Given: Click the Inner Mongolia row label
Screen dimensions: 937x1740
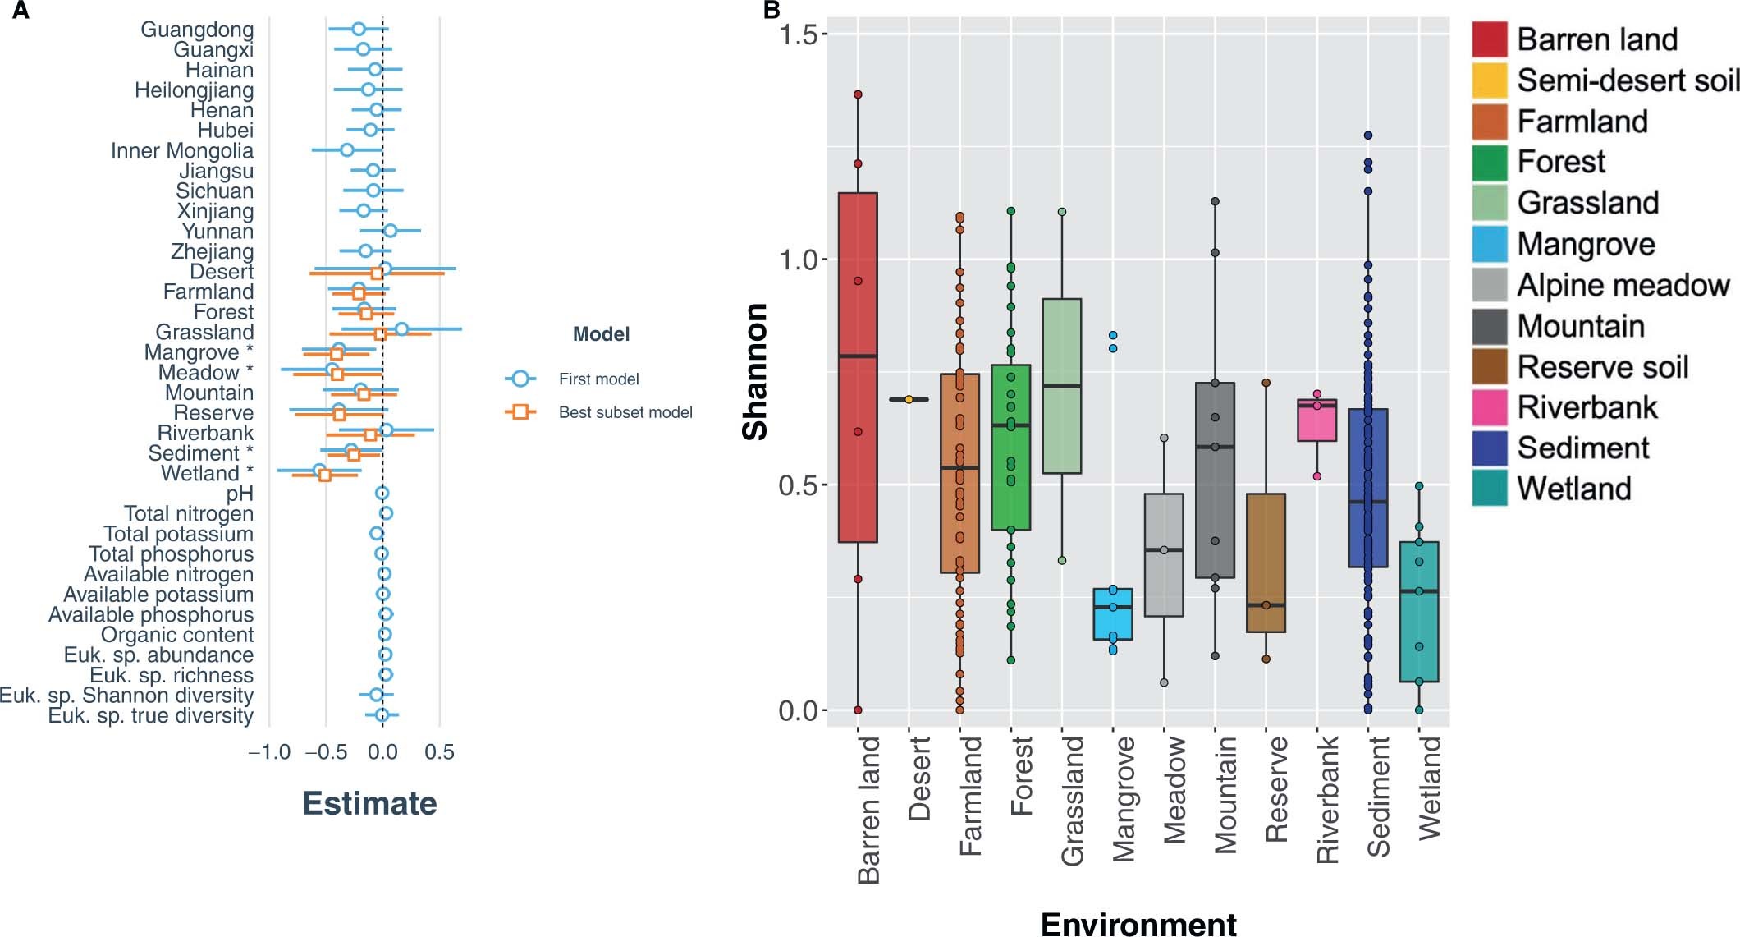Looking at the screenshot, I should (182, 151).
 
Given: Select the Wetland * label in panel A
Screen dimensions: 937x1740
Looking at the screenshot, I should (207, 474).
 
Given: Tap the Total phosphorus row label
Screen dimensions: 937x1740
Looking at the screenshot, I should (171, 554).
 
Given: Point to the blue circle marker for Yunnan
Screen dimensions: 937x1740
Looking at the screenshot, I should (390, 231).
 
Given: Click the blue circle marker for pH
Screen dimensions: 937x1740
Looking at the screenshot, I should (382, 494).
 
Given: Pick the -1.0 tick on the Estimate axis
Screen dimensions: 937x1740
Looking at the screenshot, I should (270, 753).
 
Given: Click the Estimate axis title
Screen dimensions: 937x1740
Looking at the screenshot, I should (369, 803).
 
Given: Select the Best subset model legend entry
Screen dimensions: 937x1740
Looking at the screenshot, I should (625, 412).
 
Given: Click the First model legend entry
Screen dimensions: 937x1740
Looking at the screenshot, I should (598, 379).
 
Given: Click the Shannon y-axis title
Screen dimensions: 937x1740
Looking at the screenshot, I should (755, 371).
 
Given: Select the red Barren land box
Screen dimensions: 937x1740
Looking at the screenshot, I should (858, 367).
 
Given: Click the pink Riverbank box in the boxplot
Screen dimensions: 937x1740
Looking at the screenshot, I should (1316, 420).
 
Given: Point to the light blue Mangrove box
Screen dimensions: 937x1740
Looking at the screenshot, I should (1113, 613).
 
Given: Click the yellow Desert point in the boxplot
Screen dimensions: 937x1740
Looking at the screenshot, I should (909, 400).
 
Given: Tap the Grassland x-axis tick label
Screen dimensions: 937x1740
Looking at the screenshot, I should (1072, 801).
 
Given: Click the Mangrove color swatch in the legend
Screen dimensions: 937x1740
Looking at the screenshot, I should (1490, 244).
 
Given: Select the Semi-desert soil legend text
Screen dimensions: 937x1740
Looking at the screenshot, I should (1628, 80).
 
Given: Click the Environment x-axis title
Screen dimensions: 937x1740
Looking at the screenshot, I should (1138, 924).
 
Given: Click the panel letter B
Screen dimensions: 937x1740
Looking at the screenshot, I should (772, 11).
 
